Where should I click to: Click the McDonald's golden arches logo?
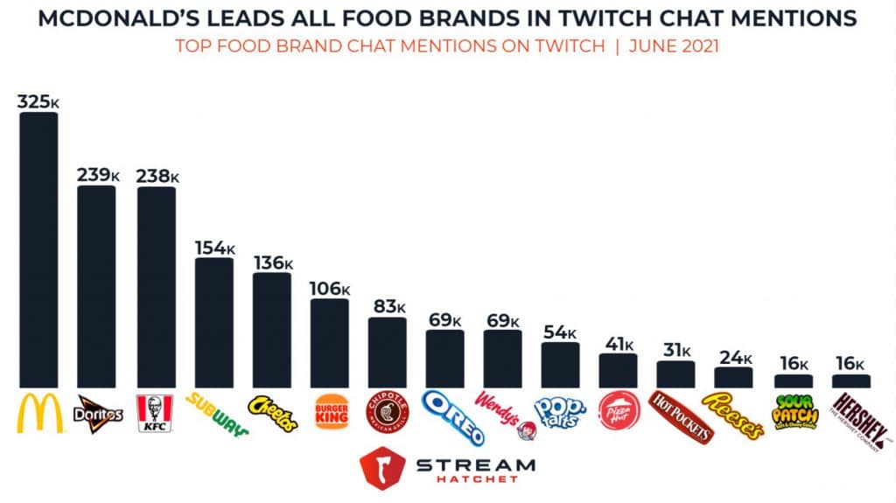click(x=40, y=413)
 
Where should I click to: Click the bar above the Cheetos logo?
click(x=271, y=330)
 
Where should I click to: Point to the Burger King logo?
click(x=330, y=410)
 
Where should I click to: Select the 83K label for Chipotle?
click(x=387, y=307)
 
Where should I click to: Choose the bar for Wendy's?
click(x=503, y=359)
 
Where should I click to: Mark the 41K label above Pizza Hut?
click(x=618, y=343)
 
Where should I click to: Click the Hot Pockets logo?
click(x=677, y=414)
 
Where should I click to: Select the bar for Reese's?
click(x=733, y=377)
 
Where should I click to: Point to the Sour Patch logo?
click(x=794, y=412)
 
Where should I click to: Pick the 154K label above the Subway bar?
click(x=213, y=248)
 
